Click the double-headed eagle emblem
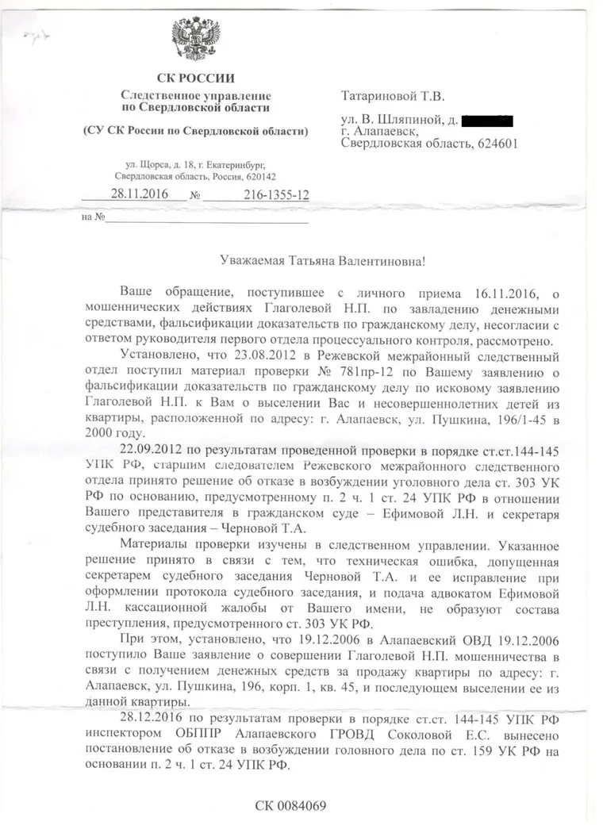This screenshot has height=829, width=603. [x=195, y=40]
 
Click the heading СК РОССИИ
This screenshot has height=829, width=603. [x=195, y=78]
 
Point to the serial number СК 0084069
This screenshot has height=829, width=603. [x=290, y=807]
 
